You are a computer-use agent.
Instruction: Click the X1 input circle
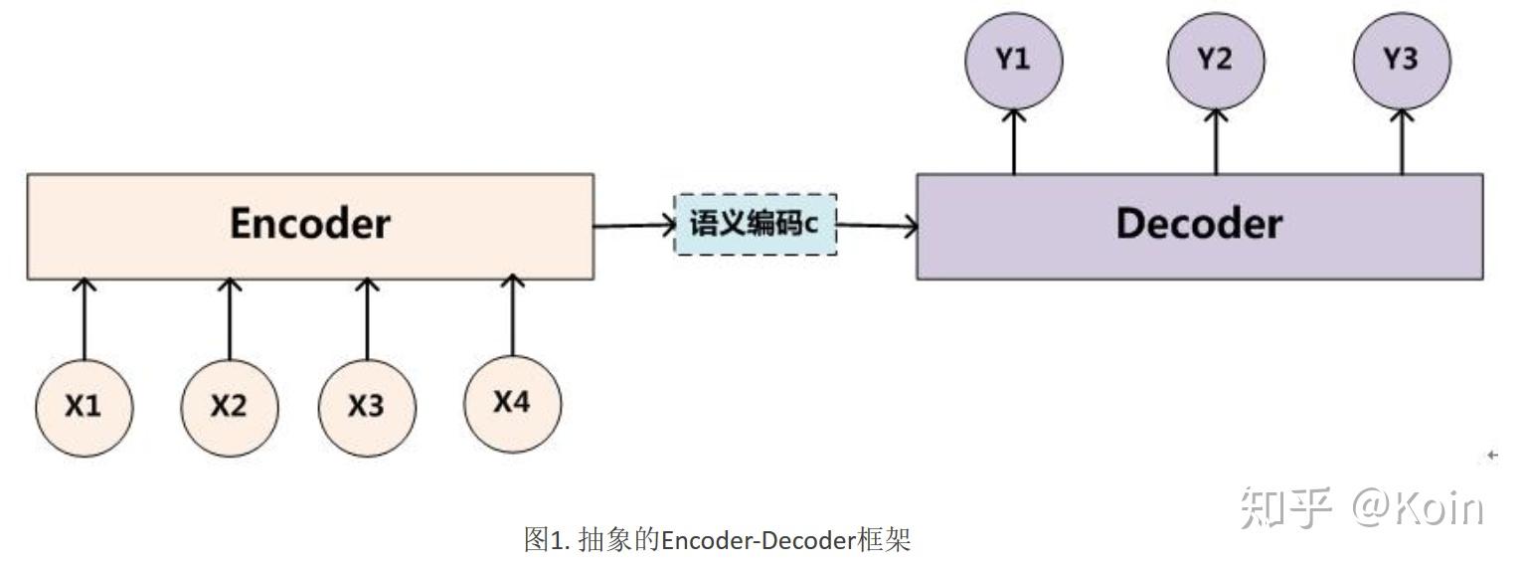tap(84, 406)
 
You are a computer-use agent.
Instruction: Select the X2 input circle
tap(230, 406)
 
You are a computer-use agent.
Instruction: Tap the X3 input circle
tap(367, 406)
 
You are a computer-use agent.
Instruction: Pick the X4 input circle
tap(512, 402)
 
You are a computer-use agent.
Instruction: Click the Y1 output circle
tap(1013, 60)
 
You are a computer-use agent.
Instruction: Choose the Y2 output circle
tap(1215, 60)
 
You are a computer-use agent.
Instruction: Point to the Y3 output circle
tap(1401, 60)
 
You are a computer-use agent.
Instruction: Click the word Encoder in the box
tap(309, 224)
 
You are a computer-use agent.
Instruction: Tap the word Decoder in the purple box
tap(1198, 224)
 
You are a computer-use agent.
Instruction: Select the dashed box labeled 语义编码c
tap(755, 224)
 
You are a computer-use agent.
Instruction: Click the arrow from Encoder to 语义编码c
tap(634, 226)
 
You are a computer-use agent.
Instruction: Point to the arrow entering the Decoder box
tap(876, 226)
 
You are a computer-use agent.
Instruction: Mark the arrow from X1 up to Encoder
tap(85, 318)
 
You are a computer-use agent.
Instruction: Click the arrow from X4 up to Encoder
tap(513, 313)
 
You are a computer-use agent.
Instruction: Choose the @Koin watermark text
tap(1417, 508)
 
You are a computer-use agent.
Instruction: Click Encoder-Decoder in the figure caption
tap(759, 541)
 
